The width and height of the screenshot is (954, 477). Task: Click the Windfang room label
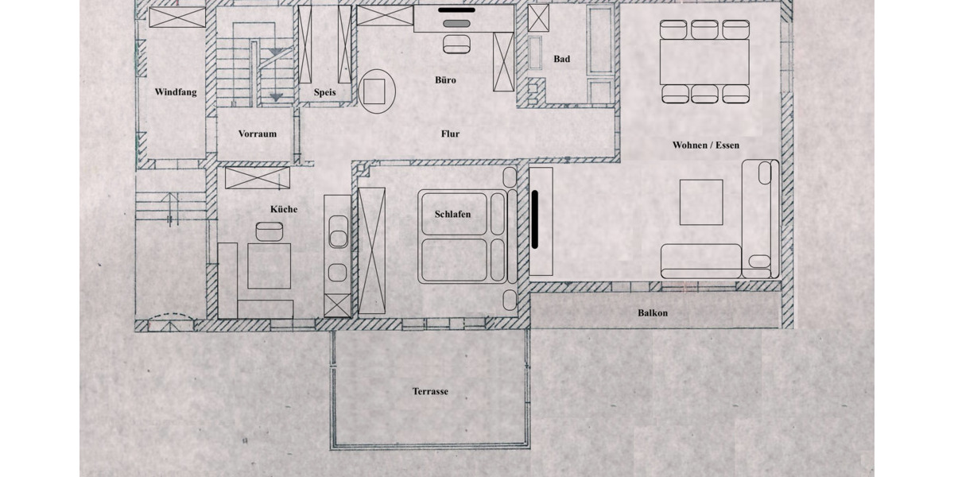click(x=176, y=92)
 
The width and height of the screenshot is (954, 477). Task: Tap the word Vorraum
click(x=258, y=134)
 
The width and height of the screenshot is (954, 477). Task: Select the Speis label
click(x=324, y=92)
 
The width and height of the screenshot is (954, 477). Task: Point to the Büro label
click(x=446, y=80)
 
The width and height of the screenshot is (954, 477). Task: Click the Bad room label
click(x=561, y=59)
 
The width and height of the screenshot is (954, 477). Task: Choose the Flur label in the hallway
click(x=450, y=134)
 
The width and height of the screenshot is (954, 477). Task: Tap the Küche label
click(x=284, y=209)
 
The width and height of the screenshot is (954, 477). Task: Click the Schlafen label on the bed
click(x=452, y=215)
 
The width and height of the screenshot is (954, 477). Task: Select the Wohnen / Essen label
click(x=705, y=145)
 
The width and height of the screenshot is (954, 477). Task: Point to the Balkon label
click(x=653, y=313)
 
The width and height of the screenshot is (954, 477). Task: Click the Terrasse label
click(x=430, y=391)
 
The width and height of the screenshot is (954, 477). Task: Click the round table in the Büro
click(x=378, y=91)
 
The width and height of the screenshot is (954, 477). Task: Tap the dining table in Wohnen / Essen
click(x=704, y=62)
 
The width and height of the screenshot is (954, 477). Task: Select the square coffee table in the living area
click(x=701, y=202)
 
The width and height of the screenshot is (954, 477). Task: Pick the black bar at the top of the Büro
click(x=456, y=10)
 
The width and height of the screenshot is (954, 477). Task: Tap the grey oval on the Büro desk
click(x=456, y=25)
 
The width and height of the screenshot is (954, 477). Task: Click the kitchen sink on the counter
click(x=337, y=238)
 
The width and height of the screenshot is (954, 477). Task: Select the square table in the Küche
click(x=269, y=266)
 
